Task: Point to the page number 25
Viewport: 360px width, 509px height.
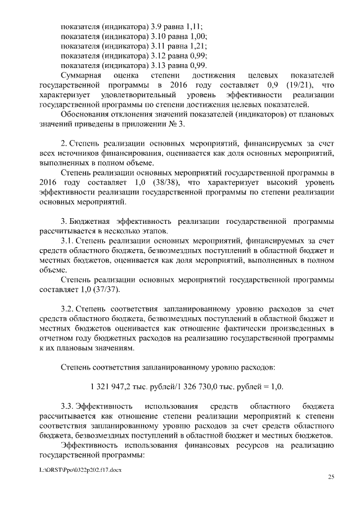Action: [331, 478]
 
